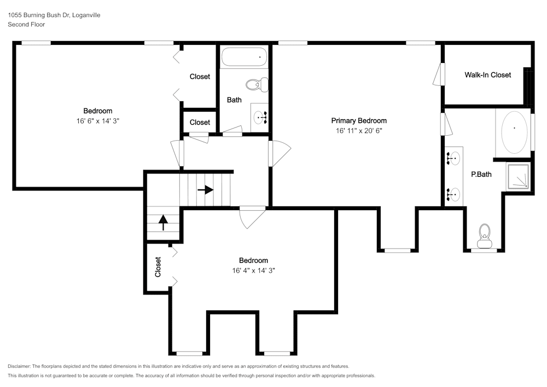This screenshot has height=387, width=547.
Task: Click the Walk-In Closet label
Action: pyautogui.click(x=487, y=75)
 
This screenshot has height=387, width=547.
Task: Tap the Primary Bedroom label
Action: pyautogui.click(x=359, y=121)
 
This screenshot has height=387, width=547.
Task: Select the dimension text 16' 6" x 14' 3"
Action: pyautogui.click(x=98, y=120)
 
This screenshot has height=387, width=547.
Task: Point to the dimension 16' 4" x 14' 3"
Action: pyautogui.click(x=253, y=270)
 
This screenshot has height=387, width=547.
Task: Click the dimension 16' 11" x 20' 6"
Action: pyautogui.click(x=359, y=131)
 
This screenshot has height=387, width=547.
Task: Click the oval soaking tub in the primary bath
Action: pyautogui.click(x=514, y=132)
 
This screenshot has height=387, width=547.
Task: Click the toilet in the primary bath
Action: pyautogui.click(x=484, y=233)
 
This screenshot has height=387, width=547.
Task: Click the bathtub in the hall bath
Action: pyautogui.click(x=244, y=57)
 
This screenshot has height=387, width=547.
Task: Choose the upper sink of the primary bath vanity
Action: pyautogui.click(x=453, y=158)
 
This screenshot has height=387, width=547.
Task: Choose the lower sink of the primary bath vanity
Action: pyautogui.click(x=453, y=193)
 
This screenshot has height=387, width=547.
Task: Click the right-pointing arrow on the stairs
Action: pyautogui.click(x=206, y=190)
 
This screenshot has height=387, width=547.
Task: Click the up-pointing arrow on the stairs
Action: pyautogui.click(x=162, y=221)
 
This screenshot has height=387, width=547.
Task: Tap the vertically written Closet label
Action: pyautogui.click(x=158, y=267)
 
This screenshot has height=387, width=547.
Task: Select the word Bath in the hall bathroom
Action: pyautogui.click(x=234, y=100)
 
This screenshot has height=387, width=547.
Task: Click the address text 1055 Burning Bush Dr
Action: pyautogui.click(x=38, y=15)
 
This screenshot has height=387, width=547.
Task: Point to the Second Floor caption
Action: pyautogui.click(x=26, y=25)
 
